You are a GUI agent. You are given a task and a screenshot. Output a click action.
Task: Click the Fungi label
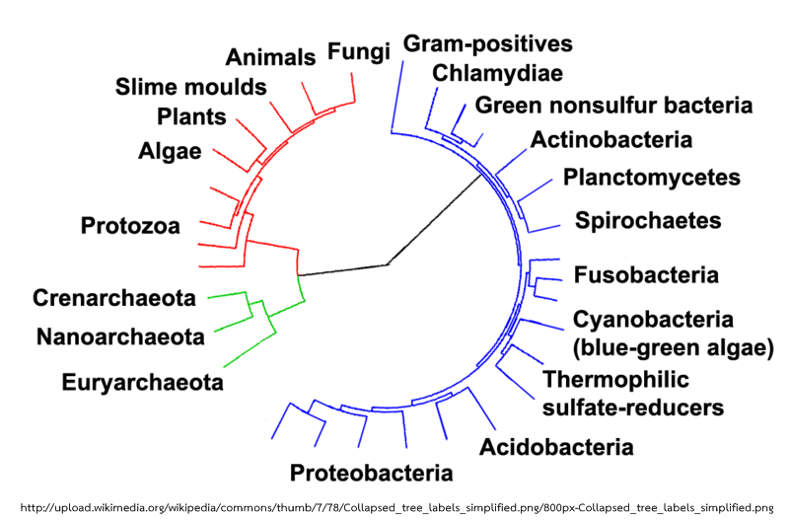tap(359, 52)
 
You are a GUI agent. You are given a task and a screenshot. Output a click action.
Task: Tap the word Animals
tap(270, 57)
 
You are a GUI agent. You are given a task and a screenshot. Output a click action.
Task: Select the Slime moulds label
tap(190, 87)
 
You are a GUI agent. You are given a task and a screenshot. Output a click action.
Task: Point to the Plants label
tap(191, 116)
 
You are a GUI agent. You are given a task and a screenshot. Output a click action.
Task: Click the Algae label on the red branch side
tap(170, 151)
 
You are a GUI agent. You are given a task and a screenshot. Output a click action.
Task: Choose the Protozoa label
tap(130, 226)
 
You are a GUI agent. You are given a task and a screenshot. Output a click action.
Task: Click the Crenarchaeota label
tap(114, 298)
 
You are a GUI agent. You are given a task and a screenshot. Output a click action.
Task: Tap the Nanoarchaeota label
tap(120, 336)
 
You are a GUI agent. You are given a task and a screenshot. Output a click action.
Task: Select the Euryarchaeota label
tap(142, 383)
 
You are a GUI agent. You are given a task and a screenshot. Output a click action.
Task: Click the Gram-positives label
tap(487, 43)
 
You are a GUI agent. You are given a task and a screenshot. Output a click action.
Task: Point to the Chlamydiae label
tap(497, 73)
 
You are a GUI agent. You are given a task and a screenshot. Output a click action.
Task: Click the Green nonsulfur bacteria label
tap(613, 106)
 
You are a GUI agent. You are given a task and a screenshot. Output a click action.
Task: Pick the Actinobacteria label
tap(611, 139)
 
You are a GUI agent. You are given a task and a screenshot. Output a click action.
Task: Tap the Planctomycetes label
tap(652, 178)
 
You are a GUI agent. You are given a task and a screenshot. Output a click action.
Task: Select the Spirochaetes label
tap(648, 220)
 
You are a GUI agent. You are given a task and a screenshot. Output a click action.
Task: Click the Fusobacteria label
tap(646, 275)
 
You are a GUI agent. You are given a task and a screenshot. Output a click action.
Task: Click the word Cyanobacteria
tap(653, 319)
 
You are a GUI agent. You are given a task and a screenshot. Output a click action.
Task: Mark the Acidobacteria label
tap(556, 447)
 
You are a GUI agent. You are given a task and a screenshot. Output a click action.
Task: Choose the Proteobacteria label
tap(372, 473)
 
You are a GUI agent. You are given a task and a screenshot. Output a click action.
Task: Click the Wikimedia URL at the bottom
tap(396, 507)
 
